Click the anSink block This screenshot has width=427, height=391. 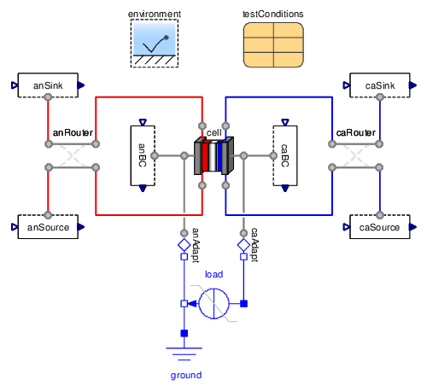(48, 85)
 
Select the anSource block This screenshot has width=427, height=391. (48, 227)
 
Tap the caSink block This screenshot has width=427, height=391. (380, 85)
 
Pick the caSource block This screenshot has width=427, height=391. (380, 227)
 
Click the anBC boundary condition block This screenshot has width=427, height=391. (143, 155)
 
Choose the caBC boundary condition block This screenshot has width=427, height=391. (285, 155)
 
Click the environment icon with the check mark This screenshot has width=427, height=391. (155, 44)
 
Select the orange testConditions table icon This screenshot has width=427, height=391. (273, 45)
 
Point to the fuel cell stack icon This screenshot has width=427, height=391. (213, 155)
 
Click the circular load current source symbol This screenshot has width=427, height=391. (213, 303)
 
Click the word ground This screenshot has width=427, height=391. (186, 376)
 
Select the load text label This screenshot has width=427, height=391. (214, 274)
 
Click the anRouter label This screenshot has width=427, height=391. (73, 132)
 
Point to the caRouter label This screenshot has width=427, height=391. (356, 132)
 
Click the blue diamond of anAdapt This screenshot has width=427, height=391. (184, 245)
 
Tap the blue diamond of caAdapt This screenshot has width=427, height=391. (243, 245)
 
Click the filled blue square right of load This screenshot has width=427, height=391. (243, 304)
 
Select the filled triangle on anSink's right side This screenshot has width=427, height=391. (81, 85)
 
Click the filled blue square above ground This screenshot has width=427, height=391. (184, 333)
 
